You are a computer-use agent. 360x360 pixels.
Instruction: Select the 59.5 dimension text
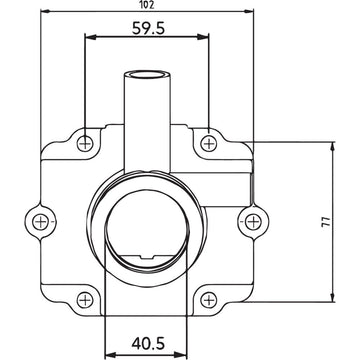148,27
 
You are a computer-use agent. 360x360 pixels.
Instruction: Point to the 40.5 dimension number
148,344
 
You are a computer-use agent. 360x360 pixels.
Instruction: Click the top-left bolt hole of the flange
88,141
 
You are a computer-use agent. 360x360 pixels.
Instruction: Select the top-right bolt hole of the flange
208,141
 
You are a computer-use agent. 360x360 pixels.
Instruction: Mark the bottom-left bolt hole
88,297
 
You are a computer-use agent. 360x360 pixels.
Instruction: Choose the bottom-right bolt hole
208,297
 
